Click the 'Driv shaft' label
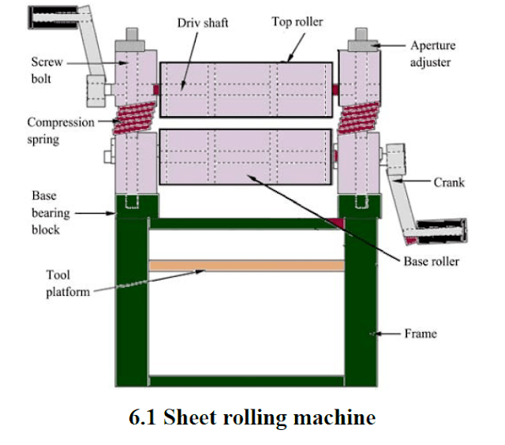[202, 23]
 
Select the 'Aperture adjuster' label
[433, 53]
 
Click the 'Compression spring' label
[60, 129]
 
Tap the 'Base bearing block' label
[47, 212]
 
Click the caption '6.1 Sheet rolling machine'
[252, 417]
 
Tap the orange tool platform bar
[247, 266]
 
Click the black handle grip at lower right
[444, 232]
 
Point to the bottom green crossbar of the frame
[246, 381]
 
